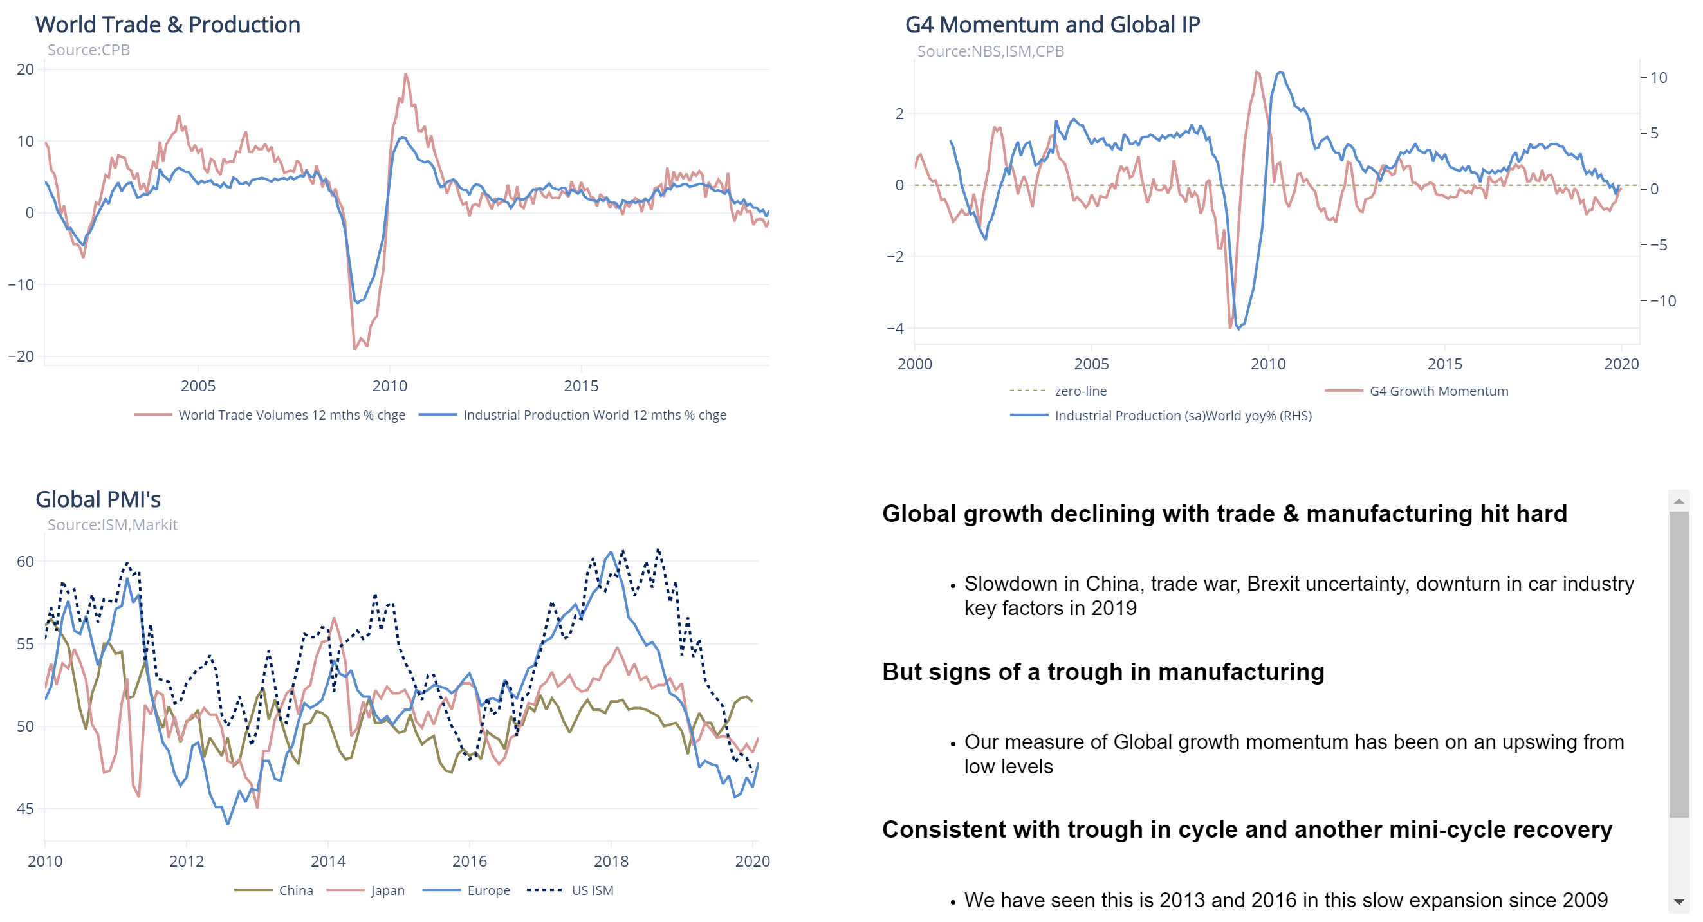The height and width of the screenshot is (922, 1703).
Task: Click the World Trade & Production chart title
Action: [x=167, y=24]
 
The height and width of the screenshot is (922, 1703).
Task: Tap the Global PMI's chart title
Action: [x=98, y=499]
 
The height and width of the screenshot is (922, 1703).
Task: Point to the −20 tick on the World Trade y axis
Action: [x=21, y=356]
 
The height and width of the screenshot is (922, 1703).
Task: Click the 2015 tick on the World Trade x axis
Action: [x=580, y=386]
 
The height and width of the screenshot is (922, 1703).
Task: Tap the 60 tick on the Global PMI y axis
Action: [x=25, y=562]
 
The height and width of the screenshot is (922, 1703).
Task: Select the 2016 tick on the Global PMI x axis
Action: [x=469, y=861]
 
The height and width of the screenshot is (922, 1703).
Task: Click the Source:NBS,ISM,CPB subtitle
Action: [x=990, y=51]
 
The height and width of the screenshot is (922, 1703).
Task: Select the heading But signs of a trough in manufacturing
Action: [x=1102, y=672]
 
